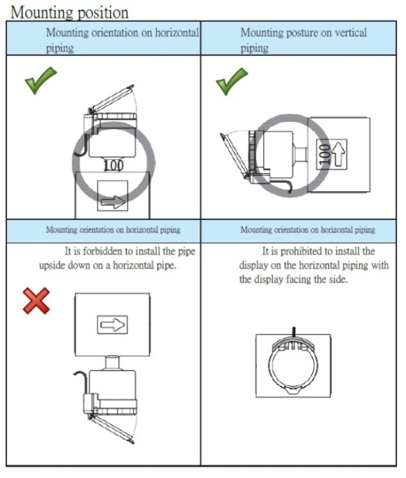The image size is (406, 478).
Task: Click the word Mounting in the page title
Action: pyautogui.click(x=42, y=13)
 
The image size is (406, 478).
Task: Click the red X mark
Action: pyautogui.click(x=36, y=301)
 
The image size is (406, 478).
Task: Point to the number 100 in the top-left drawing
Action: pyautogui.click(x=113, y=165)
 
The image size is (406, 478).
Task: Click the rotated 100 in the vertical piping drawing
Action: pyautogui.click(x=324, y=154)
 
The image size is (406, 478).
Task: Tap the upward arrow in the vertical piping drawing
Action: pyautogui.click(x=339, y=154)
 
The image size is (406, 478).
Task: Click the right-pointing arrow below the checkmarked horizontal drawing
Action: pyautogui.click(x=113, y=202)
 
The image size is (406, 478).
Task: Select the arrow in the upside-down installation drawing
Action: pyautogui.click(x=113, y=325)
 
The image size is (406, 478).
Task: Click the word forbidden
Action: pyautogui.click(x=104, y=252)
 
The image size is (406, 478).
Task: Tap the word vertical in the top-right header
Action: pyautogui.click(x=351, y=33)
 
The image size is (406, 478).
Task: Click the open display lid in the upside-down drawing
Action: pyautogui.click(x=112, y=428)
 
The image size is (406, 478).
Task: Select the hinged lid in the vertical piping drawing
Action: pyautogui.click(x=234, y=156)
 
